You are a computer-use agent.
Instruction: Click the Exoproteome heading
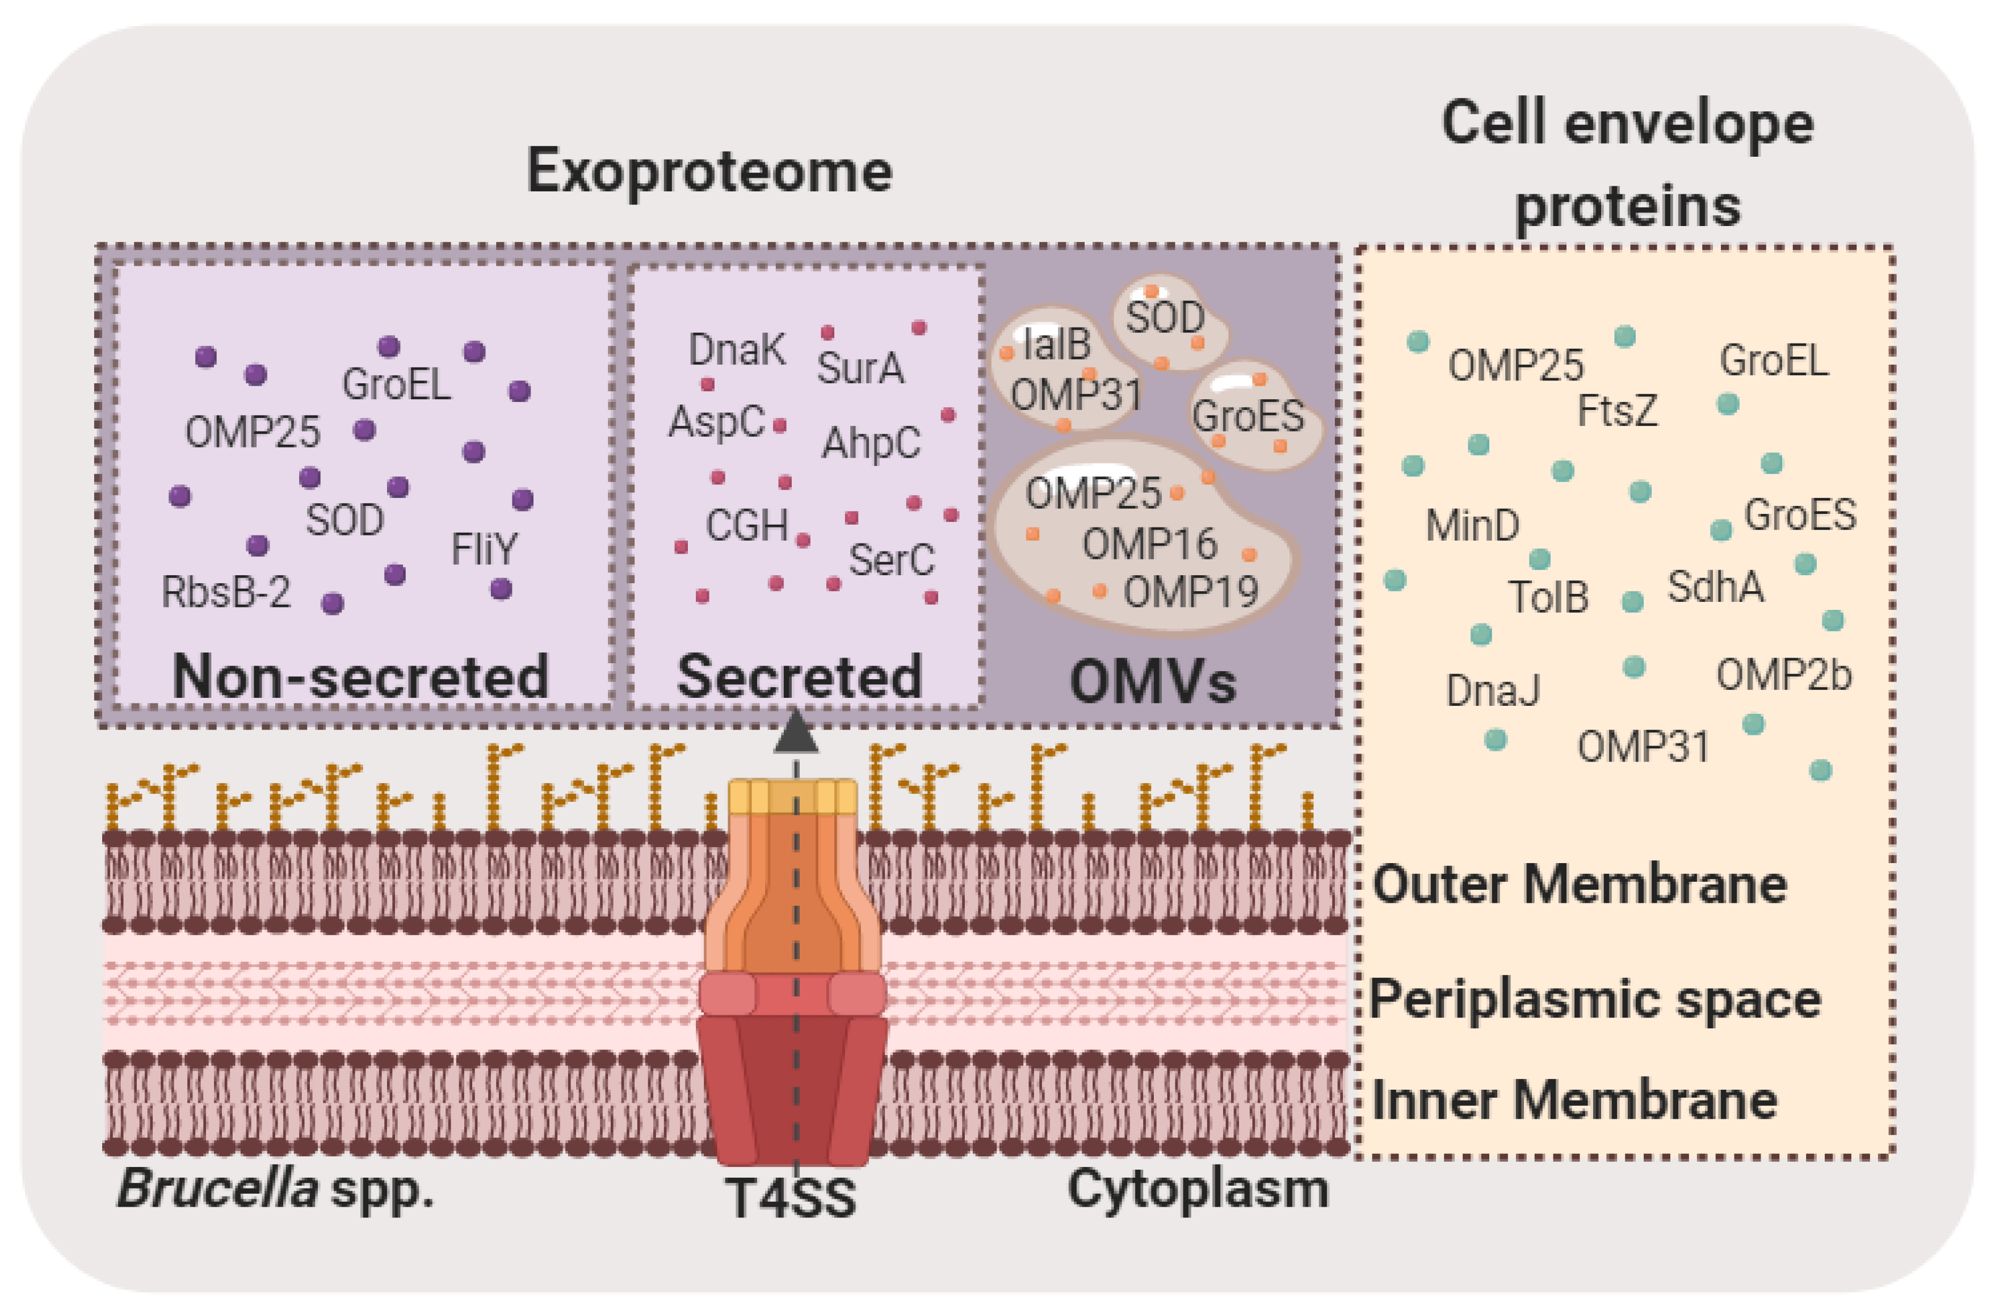[x=709, y=171]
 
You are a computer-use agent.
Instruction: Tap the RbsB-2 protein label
[x=226, y=592]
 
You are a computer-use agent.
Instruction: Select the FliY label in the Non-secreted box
[x=485, y=550]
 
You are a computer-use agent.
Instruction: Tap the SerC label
[x=891, y=560]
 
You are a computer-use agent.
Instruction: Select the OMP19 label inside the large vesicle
[x=1190, y=592]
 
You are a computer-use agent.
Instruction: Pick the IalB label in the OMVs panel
[x=1057, y=344]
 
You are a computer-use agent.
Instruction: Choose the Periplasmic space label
[x=1594, y=999]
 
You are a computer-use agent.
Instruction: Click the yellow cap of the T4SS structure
[x=792, y=797]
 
